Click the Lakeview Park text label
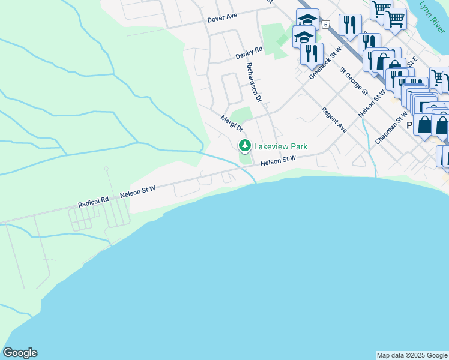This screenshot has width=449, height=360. click(x=280, y=146)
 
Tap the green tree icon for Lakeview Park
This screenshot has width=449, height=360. click(x=244, y=146)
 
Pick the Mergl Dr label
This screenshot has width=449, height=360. click(x=232, y=124)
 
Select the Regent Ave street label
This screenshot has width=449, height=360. click(x=334, y=120)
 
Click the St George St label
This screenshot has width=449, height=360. click(x=354, y=81)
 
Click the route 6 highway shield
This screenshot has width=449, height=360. click(x=325, y=25)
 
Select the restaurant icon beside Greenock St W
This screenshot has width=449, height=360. click(x=311, y=53)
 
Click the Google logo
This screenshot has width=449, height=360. click(x=20, y=353)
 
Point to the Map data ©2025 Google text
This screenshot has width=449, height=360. click(x=412, y=355)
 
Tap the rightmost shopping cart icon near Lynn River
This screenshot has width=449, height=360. click(x=394, y=18)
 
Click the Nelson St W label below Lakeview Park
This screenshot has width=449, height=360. click(x=279, y=160)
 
